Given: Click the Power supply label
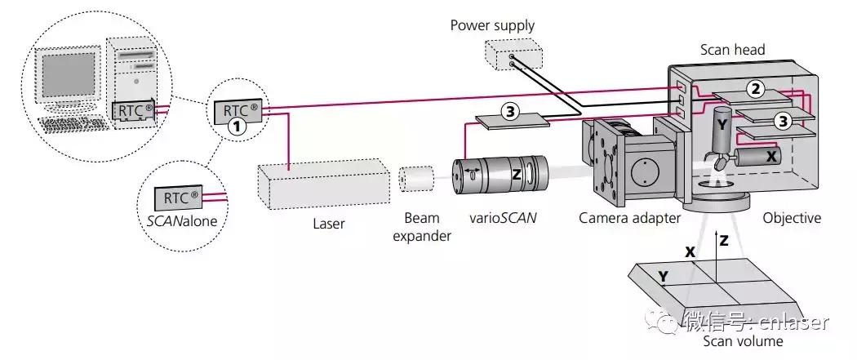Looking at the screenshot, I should click(x=492, y=25).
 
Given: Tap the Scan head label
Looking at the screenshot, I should click(x=732, y=50).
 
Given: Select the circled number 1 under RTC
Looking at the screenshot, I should click(x=237, y=127).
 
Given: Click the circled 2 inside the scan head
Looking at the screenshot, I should click(x=757, y=89).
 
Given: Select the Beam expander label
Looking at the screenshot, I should click(x=421, y=227).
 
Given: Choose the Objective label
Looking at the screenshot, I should click(x=792, y=218).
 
